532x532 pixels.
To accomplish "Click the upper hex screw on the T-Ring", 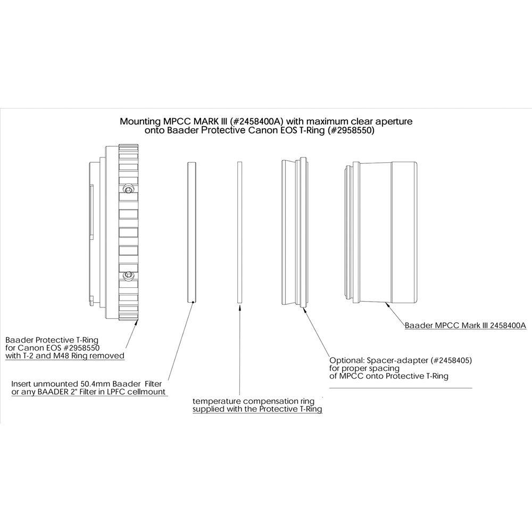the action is pos(128,189).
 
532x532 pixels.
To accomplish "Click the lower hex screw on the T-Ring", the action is pos(128,275).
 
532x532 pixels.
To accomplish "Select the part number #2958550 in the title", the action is pos(351,131).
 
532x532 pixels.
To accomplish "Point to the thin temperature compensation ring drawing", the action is pos(239,232).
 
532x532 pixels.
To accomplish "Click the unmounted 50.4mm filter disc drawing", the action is pos(192,232).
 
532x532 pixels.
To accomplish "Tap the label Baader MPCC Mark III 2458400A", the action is pos(465,326).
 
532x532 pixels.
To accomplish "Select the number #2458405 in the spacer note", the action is pos(451,360).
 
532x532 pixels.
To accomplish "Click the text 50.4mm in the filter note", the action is pos(95,384).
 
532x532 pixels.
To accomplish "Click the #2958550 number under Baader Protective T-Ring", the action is pos(80,348).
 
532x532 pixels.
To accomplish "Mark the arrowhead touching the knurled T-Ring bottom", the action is pos(136,322).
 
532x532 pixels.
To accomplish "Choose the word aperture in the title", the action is pos(394,122).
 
